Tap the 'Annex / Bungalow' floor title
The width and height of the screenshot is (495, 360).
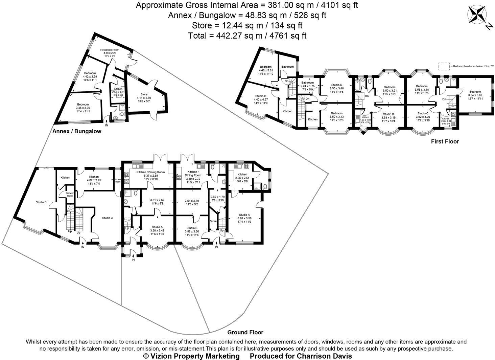pos(77,131)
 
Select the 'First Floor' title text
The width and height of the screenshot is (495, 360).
pos(445,141)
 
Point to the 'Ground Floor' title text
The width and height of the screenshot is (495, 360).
pos(245,332)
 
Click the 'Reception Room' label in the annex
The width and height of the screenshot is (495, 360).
pos(110,50)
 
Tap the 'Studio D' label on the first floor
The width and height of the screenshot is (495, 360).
pos(336,85)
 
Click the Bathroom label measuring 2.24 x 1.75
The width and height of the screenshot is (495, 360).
pos(308,83)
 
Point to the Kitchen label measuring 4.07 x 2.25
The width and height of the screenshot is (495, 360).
pos(94,177)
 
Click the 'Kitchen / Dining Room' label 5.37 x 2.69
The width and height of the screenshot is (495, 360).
pos(150,172)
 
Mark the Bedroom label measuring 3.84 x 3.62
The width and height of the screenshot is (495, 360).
pos(475,92)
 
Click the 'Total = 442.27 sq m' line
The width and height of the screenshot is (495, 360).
pos(247,36)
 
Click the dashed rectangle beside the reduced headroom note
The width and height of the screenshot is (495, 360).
pos(445,66)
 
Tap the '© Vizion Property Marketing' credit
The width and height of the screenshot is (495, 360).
pos(191,356)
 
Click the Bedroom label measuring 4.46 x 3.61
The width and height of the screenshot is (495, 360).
pos(265,67)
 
